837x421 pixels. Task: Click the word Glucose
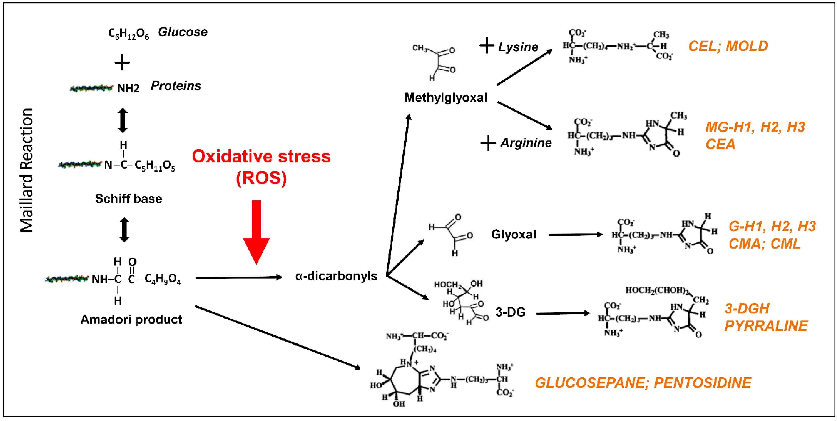(x=183, y=32)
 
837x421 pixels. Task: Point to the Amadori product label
(x=131, y=319)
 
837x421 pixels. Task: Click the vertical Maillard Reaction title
(x=26, y=170)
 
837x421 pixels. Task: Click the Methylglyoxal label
(x=446, y=97)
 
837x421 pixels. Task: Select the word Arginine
(x=526, y=143)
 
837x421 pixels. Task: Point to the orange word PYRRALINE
(x=766, y=326)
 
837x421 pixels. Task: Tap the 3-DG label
(x=510, y=312)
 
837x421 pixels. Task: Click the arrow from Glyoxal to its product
(x=575, y=235)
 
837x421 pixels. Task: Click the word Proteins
(x=176, y=86)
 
